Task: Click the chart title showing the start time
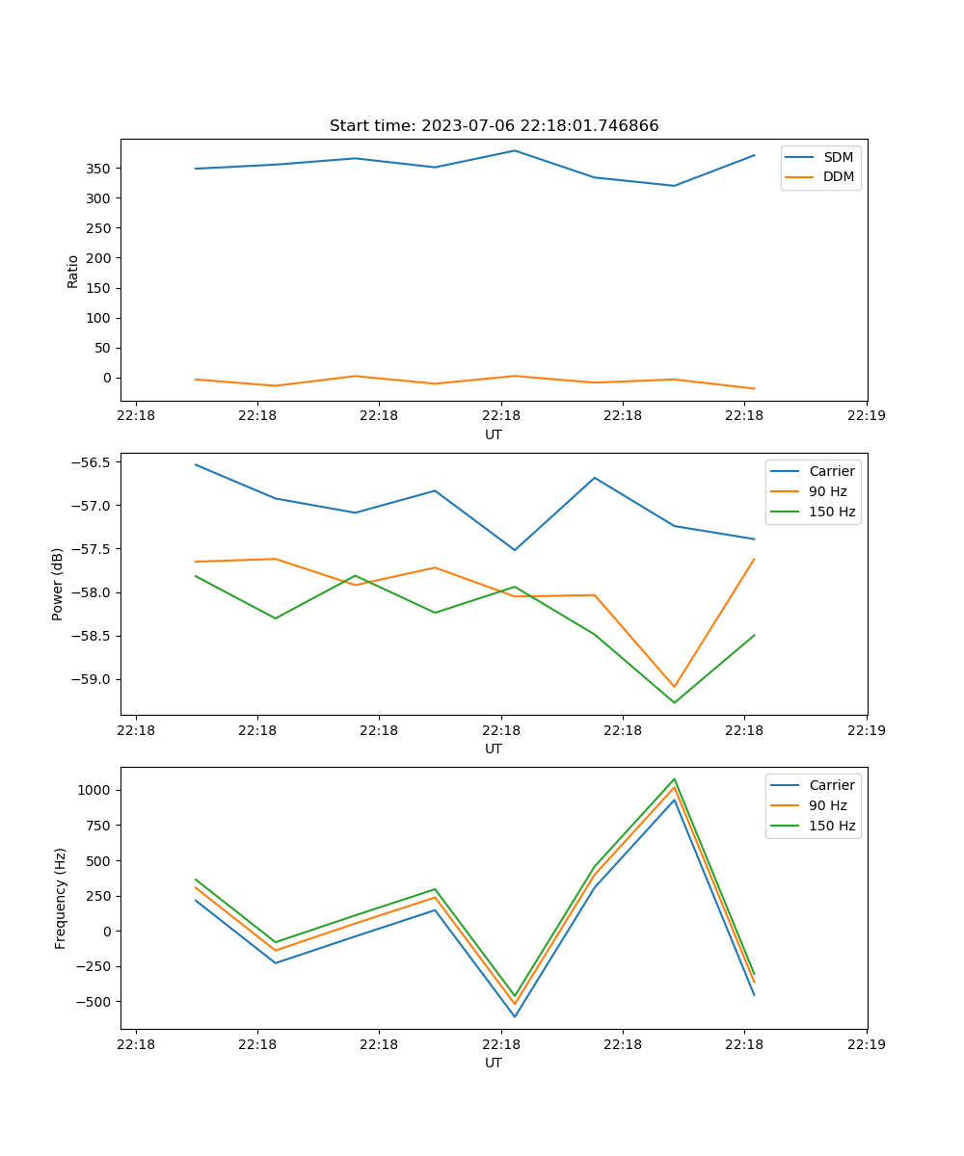(x=494, y=126)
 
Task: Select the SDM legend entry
(x=838, y=157)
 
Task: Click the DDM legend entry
(x=838, y=176)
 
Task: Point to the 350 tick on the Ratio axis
(x=99, y=169)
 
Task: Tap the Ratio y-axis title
(x=73, y=271)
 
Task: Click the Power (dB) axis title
(x=58, y=584)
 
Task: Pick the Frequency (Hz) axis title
(x=61, y=898)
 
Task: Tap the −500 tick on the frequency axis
(x=94, y=1002)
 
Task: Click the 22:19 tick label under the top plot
(x=866, y=416)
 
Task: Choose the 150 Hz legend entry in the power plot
(x=832, y=512)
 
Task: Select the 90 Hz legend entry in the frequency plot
(x=828, y=805)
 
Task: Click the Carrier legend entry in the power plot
(x=831, y=471)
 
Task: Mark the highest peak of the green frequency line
(x=674, y=778)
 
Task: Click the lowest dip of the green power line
(x=674, y=702)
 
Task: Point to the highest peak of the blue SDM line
(x=515, y=150)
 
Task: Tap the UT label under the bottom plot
(x=494, y=1063)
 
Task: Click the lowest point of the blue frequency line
(x=515, y=1016)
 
